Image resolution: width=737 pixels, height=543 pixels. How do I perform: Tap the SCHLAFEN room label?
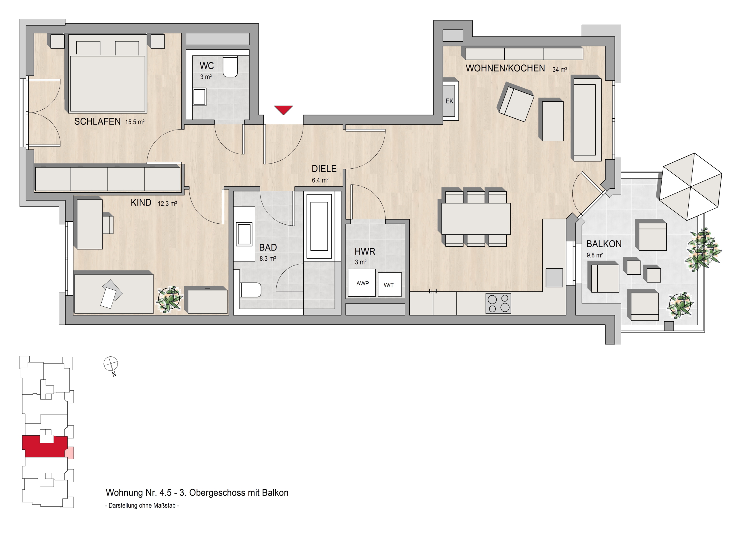(x=97, y=121)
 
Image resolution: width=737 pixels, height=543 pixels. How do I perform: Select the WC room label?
(x=207, y=66)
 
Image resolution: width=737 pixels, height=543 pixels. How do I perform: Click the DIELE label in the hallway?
(x=324, y=169)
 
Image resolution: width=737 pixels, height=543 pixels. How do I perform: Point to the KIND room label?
(x=141, y=202)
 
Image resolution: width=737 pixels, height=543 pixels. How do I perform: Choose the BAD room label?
(x=268, y=247)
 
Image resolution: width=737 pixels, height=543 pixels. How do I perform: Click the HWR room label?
(x=365, y=251)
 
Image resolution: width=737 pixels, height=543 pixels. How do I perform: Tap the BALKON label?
(x=604, y=244)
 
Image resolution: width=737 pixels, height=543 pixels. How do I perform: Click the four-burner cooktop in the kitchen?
(x=498, y=303)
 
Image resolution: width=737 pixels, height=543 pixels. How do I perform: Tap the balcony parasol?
(x=691, y=186)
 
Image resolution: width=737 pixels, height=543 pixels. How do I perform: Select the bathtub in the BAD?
(x=319, y=226)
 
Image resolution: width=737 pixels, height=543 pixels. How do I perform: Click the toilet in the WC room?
(x=230, y=67)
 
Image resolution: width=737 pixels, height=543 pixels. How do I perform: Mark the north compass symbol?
(x=111, y=364)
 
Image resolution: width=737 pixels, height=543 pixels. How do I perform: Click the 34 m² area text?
(x=560, y=69)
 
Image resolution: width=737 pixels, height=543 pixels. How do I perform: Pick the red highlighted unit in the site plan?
(x=45, y=446)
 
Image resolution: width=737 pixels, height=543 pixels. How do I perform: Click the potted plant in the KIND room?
(x=170, y=299)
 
